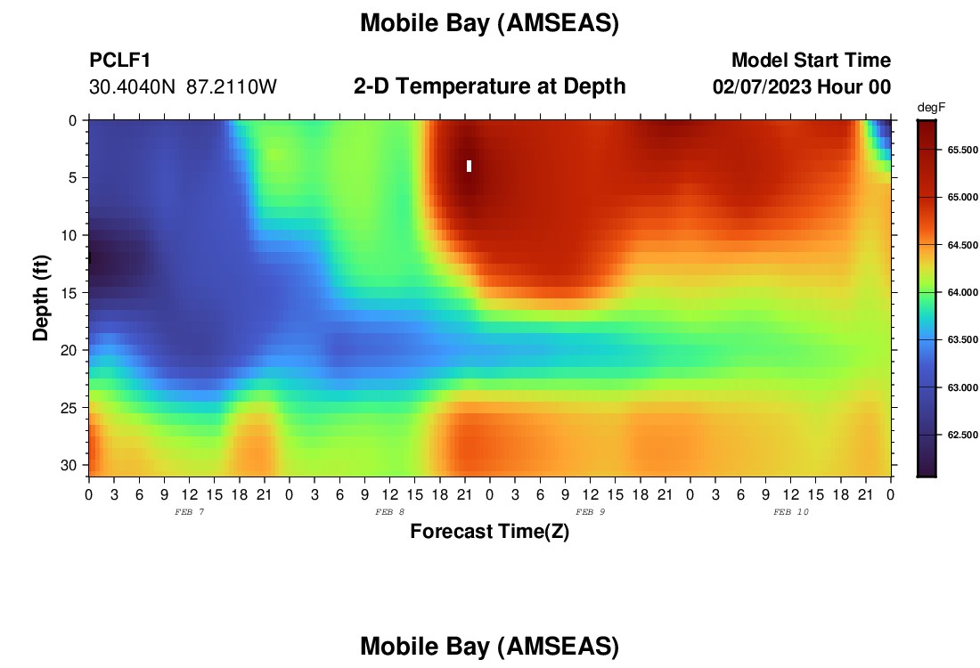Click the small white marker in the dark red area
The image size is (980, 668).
click(x=469, y=167)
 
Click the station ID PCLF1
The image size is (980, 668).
click(x=120, y=60)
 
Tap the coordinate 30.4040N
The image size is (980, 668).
click(x=133, y=87)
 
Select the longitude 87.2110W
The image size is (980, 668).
click(x=232, y=87)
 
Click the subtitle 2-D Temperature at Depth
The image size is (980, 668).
click(x=489, y=86)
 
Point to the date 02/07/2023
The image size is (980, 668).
click(x=762, y=86)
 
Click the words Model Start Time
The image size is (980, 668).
click(x=812, y=60)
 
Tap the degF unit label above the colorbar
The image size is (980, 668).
click(x=931, y=108)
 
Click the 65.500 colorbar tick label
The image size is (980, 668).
click(x=962, y=150)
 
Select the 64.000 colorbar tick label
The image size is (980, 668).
click(x=962, y=292)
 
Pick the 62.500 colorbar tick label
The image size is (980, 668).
click(x=962, y=435)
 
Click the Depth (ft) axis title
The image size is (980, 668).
click(x=41, y=297)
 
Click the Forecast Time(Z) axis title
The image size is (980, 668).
click(x=489, y=531)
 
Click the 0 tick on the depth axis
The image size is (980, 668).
click(x=73, y=120)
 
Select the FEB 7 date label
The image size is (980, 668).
click(x=190, y=512)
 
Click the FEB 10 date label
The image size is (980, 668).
click(x=790, y=512)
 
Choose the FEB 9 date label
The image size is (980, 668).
click(x=590, y=512)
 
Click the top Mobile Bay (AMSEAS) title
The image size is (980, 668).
click(x=489, y=23)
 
